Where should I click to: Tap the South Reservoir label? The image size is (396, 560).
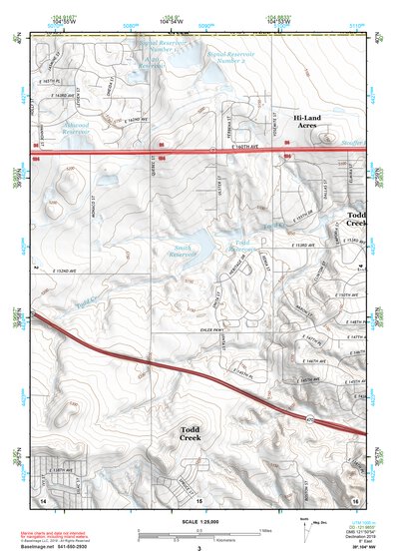point(183,250)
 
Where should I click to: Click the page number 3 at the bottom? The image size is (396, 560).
point(198,548)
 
